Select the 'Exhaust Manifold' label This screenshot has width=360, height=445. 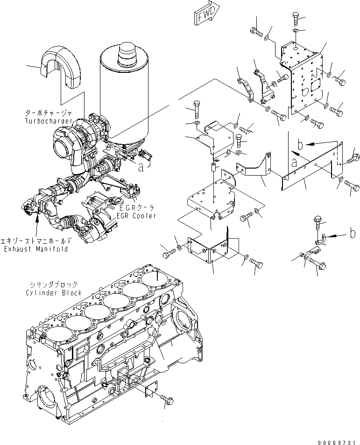35,249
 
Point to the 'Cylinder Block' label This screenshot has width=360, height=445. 54,293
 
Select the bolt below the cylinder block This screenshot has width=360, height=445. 167,399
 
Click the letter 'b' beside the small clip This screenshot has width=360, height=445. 353,234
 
